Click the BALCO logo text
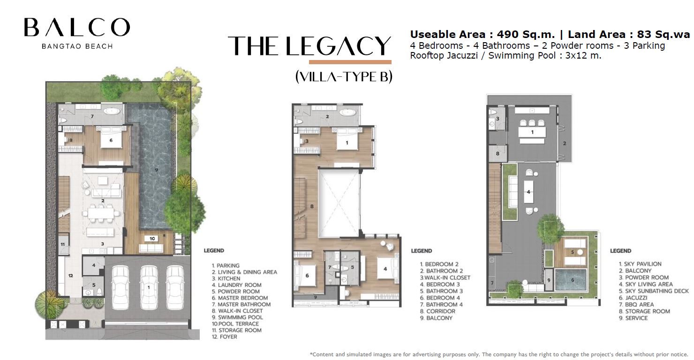77,27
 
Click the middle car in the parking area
149,288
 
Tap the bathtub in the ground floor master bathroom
113,111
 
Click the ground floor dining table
101,213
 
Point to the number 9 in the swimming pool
157,170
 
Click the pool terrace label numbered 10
152,239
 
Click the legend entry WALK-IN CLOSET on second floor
445,278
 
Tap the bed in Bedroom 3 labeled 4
385,269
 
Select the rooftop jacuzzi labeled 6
571,280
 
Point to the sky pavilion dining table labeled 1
532,132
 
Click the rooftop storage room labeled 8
498,154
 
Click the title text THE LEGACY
309,46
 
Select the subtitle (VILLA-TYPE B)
344,76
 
